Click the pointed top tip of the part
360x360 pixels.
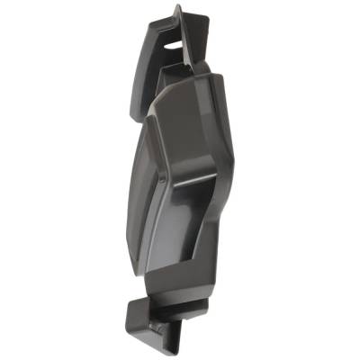(x=177, y=6)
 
